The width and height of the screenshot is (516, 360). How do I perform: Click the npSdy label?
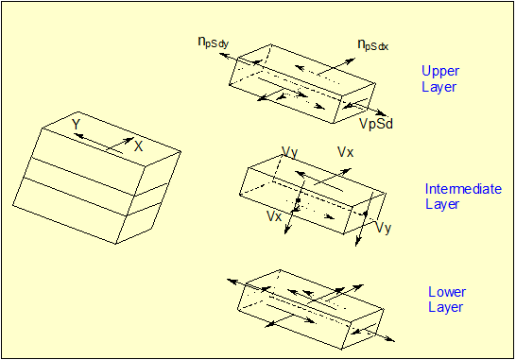pyautogui.click(x=214, y=43)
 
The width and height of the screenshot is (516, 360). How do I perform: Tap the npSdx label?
pyautogui.click(x=373, y=44)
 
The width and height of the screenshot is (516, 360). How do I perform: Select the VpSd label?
pyautogui.click(x=376, y=124)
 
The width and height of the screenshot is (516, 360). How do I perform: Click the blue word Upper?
pyautogui.click(x=440, y=72)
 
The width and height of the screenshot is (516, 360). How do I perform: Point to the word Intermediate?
pyautogui.click(x=463, y=189)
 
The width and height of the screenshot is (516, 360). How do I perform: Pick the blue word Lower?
pyautogui.click(x=447, y=292)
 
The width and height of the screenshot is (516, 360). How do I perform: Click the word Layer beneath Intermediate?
pyautogui.click(x=442, y=204)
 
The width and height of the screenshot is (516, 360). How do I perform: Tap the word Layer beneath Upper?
pyautogui.click(x=439, y=87)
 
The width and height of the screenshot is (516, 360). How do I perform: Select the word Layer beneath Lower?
pyautogui.click(x=445, y=307)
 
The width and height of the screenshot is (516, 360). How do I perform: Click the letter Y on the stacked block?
pyautogui.click(x=76, y=125)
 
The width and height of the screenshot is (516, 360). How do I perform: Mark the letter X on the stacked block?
pyautogui.click(x=139, y=146)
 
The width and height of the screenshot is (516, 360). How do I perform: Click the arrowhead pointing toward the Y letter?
pyautogui.click(x=78, y=135)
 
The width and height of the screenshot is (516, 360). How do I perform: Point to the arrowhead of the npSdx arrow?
pyautogui.click(x=351, y=60)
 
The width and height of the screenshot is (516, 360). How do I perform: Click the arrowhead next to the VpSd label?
pyautogui.click(x=381, y=113)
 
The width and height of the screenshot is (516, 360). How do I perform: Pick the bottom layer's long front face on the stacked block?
pyautogui.click(x=70, y=211)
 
